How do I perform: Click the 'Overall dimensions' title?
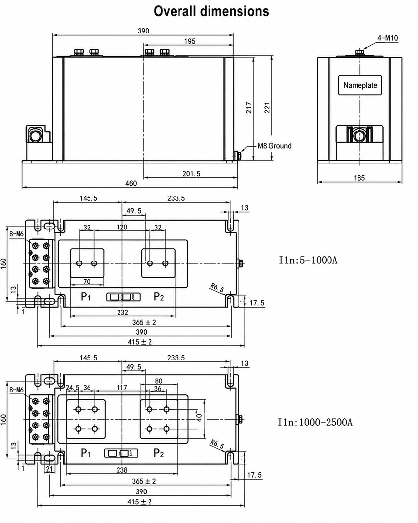(211, 11)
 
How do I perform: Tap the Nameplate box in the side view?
(359, 85)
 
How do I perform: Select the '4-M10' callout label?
(388, 38)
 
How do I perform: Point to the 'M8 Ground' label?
(274, 146)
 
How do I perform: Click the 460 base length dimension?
(131, 183)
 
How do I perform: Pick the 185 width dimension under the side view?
(359, 178)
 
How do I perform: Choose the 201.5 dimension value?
(191, 174)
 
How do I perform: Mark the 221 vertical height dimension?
(267, 108)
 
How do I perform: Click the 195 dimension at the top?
(189, 41)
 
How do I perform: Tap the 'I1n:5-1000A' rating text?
(308, 260)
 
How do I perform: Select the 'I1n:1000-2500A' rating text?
(315, 422)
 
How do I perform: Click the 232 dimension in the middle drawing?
(122, 312)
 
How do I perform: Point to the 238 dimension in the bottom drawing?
(122, 470)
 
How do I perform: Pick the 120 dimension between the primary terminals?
(122, 227)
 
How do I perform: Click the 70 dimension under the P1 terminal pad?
(87, 282)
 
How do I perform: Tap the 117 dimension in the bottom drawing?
(122, 387)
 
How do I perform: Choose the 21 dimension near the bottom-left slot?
(49, 469)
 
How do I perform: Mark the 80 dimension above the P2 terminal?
(159, 381)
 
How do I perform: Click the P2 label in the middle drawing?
(159, 296)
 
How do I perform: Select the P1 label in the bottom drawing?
(86, 453)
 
